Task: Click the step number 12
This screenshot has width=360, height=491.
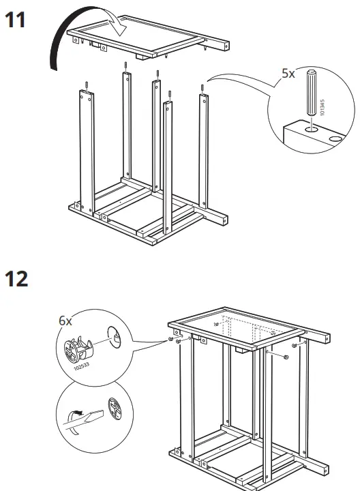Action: click(17, 279)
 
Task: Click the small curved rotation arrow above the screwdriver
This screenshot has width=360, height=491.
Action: click(76, 412)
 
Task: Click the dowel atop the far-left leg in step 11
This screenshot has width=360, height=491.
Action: click(88, 85)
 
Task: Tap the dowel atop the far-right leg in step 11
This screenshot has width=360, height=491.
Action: click(202, 88)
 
